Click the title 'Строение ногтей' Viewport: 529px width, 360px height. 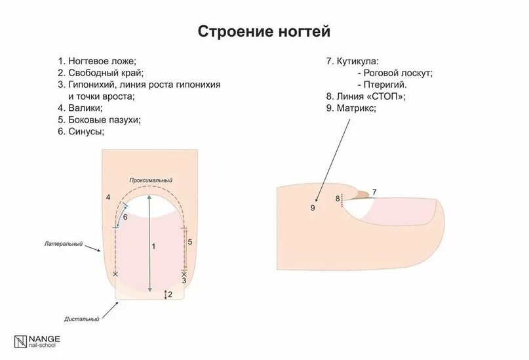(x=264, y=31)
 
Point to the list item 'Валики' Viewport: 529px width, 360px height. (x=85, y=108)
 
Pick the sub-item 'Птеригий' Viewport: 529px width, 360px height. (x=385, y=85)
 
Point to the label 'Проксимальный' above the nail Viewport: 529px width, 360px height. (x=151, y=180)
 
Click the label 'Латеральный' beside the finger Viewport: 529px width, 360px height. (x=64, y=244)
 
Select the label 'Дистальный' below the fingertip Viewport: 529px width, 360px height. (x=82, y=319)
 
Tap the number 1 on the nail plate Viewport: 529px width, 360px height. (x=153, y=247)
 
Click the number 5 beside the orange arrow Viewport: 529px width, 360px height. (x=190, y=242)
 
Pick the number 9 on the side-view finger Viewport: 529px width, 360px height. (x=313, y=208)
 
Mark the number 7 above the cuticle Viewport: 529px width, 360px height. (x=374, y=192)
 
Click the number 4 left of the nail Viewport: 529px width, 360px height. (x=108, y=197)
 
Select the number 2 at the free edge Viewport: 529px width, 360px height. (x=170, y=294)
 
